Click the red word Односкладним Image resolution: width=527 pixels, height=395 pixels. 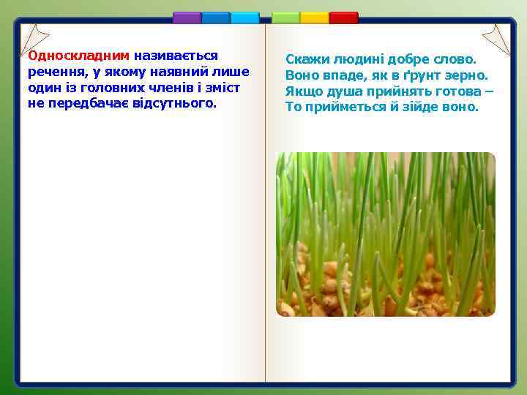click(x=78, y=56)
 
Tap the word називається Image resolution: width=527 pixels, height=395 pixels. click(x=176, y=56)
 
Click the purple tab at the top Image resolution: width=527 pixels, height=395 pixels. click(x=187, y=18)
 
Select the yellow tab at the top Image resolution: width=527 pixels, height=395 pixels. click(x=315, y=18)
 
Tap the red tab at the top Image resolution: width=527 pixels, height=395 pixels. click(x=343, y=18)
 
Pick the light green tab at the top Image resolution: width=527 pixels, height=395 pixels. click(x=285, y=18)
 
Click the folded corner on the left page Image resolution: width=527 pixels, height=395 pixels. click(x=35, y=39)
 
